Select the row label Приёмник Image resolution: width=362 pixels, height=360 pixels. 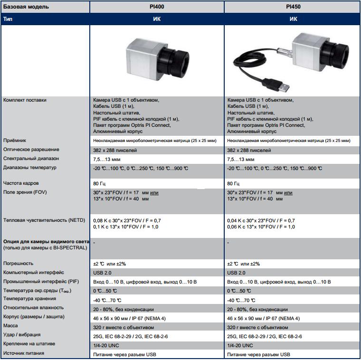point(15,141)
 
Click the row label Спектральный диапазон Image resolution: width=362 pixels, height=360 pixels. point(31,159)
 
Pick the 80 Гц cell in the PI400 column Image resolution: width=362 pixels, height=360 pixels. point(100,183)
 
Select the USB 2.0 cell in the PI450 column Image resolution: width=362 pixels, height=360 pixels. point(237,273)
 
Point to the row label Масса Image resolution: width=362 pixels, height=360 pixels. point(10,325)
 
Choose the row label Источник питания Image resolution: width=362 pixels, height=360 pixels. point(23,353)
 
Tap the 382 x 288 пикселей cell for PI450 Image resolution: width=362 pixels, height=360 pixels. point(249,150)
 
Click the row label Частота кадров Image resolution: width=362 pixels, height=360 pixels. point(21,183)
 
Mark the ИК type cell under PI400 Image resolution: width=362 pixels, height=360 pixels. point(157,19)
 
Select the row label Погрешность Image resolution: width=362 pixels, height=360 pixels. point(18,264)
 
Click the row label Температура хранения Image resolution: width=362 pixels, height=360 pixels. point(29,299)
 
